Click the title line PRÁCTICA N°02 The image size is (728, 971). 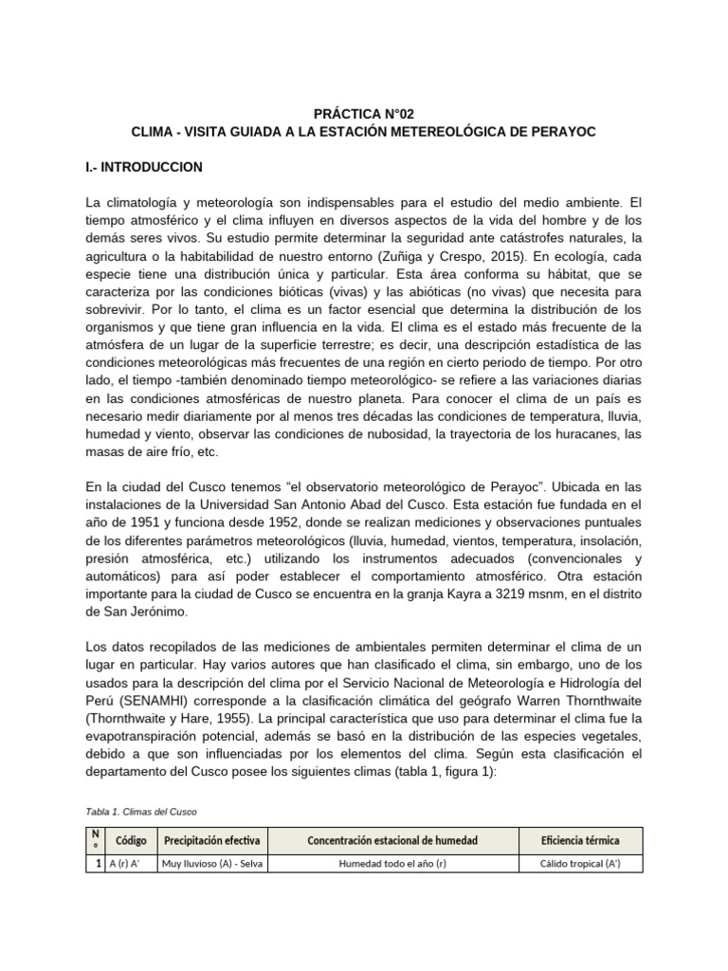point(363,112)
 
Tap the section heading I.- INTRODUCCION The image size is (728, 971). point(143,166)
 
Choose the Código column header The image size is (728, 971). point(131,840)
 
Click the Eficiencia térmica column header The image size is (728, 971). point(580,840)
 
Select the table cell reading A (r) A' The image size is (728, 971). point(123,864)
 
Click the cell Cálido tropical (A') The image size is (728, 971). point(580,864)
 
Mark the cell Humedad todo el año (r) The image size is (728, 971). point(392,864)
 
